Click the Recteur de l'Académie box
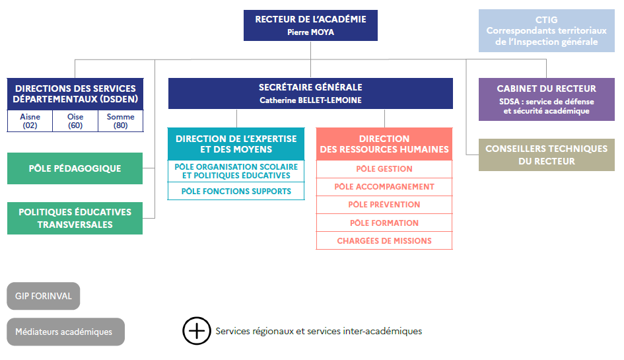pos(310,26)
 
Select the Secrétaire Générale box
pos(310,94)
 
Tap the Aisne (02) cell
pos(30,121)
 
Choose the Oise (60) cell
pos(75,121)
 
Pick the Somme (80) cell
pos(121,121)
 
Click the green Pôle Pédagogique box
pos(75,168)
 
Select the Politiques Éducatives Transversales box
pos(75,218)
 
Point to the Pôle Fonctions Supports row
pos(236,191)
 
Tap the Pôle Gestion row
pos(384,169)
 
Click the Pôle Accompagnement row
pos(384,187)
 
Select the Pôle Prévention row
pos(384,205)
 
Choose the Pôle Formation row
pos(384,223)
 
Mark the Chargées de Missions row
pos(384,240)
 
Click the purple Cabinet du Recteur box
pos(546,99)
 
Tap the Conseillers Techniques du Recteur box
pos(546,155)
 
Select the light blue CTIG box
pos(546,30)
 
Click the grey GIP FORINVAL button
pos(44,296)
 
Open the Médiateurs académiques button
pos(65,332)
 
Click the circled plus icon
pos(197,331)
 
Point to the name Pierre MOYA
pos(310,32)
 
